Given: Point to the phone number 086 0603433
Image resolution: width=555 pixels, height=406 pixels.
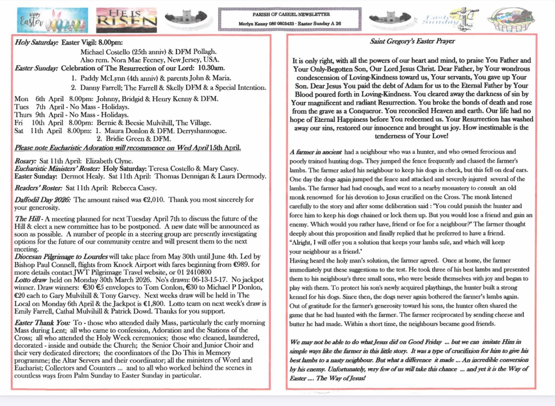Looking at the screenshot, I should (280, 23).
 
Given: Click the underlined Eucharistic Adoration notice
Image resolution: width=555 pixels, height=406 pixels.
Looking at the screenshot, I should (127, 148).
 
